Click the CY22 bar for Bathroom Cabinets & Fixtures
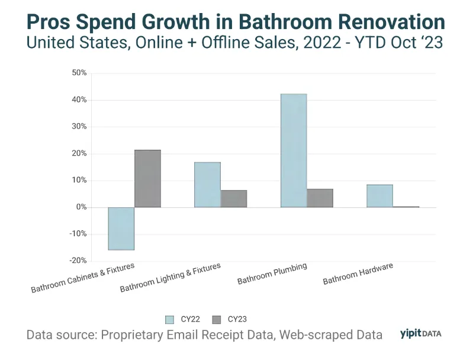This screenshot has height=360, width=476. [x=121, y=229]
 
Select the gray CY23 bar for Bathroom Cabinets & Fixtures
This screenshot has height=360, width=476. [x=147, y=178]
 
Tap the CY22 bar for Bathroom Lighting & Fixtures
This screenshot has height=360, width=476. [x=207, y=185]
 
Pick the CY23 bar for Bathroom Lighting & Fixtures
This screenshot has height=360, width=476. [x=234, y=199]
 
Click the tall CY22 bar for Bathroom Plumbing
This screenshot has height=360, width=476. [x=294, y=150]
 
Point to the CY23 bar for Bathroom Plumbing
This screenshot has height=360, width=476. [x=320, y=198]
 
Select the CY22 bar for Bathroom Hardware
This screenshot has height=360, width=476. [x=379, y=196]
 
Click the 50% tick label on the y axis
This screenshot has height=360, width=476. [x=79, y=73]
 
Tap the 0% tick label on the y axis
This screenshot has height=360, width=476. [x=81, y=207]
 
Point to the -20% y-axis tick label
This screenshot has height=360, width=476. [x=78, y=261]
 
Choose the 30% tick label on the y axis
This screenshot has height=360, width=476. [x=79, y=127]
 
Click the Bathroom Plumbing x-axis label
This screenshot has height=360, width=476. [x=272, y=274]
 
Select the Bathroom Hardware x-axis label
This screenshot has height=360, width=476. [x=358, y=274]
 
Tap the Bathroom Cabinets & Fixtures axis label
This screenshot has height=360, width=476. [x=82, y=278]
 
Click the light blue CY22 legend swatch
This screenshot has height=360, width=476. [x=169, y=320]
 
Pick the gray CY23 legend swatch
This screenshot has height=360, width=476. [x=217, y=320]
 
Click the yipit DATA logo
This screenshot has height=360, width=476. [x=420, y=333]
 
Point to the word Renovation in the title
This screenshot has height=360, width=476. [x=391, y=22]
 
